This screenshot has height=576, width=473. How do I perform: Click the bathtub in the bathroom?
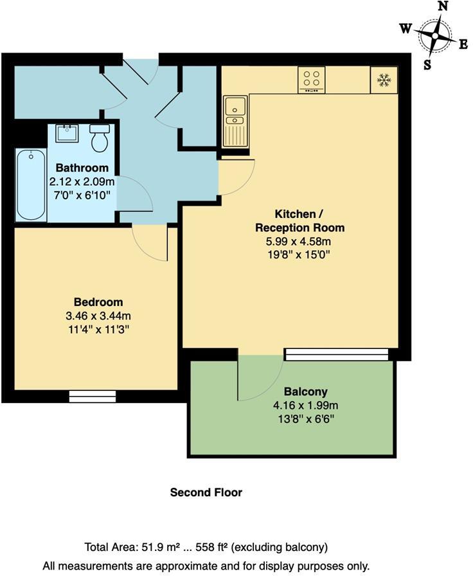[30, 184]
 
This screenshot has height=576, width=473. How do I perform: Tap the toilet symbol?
[99, 138]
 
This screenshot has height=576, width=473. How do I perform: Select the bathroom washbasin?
[66, 134]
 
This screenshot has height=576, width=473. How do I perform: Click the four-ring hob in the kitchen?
[312, 80]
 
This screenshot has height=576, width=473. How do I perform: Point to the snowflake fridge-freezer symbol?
[384, 80]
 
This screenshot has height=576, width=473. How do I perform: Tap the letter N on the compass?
[442, 6]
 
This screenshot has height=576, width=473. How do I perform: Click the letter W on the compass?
[406, 28]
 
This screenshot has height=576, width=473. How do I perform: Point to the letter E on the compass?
[463, 44]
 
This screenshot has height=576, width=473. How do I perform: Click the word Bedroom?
[98, 302]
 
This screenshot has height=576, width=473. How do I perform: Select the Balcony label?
[306, 392]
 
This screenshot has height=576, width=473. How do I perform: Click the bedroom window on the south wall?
[93, 396]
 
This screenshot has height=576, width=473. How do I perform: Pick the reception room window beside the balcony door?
[337, 354]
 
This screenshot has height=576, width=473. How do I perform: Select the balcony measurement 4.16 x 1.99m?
[306, 405]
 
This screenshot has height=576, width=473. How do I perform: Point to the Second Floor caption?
[206, 492]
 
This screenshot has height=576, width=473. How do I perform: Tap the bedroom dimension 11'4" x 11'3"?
[98, 328]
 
